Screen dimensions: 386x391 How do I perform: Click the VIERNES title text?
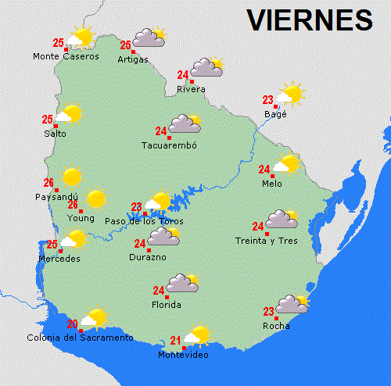310,19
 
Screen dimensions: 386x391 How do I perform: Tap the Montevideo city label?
183,356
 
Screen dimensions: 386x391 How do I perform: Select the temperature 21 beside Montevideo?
175,341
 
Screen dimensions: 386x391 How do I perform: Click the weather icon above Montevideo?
198,334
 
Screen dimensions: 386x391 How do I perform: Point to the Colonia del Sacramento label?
80,338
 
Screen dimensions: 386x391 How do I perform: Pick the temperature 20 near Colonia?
72,323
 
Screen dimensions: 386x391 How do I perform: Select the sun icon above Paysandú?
71,177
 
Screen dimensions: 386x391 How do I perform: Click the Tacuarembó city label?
168,145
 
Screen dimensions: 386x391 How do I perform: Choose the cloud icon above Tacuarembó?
185,123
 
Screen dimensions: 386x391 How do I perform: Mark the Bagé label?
276,114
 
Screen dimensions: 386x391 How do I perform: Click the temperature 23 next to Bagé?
267,99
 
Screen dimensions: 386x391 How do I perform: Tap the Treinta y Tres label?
267,241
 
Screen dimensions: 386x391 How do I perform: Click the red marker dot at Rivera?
192,81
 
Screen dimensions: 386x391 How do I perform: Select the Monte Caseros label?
66,56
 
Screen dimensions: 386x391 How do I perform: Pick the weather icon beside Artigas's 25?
149,37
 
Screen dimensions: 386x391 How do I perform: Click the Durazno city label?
148,256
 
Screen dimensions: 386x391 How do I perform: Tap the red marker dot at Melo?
273,176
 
